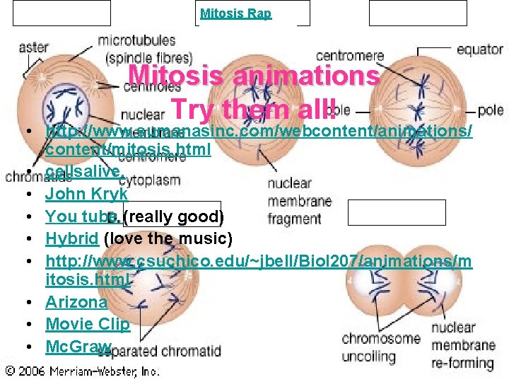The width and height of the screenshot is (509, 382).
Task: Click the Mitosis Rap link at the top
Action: tap(235, 13)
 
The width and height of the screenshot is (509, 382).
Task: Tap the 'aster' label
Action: tap(33, 48)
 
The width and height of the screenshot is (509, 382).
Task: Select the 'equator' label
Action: tap(479, 50)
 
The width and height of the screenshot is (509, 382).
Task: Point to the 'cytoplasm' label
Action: tap(149, 180)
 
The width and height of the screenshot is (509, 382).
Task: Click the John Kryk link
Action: tap(86, 194)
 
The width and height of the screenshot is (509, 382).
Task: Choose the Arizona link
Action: tap(76, 303)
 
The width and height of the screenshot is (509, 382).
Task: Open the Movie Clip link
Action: tap(88, 325)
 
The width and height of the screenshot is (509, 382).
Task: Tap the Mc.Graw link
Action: tap(78, 347)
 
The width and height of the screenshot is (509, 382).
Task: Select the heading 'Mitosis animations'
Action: tap(254, 76)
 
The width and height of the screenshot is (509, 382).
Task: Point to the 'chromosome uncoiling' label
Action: tap(382, 346)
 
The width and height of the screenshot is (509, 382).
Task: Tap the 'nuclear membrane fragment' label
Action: tap(299, 202)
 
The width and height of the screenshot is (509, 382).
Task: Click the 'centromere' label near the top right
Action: tap(349, 55)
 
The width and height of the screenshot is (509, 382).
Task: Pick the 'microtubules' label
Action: tap(136, 41)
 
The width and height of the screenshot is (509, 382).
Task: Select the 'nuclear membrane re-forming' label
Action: tap(462, 346)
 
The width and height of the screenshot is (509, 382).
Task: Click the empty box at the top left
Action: tap(62, 13)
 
